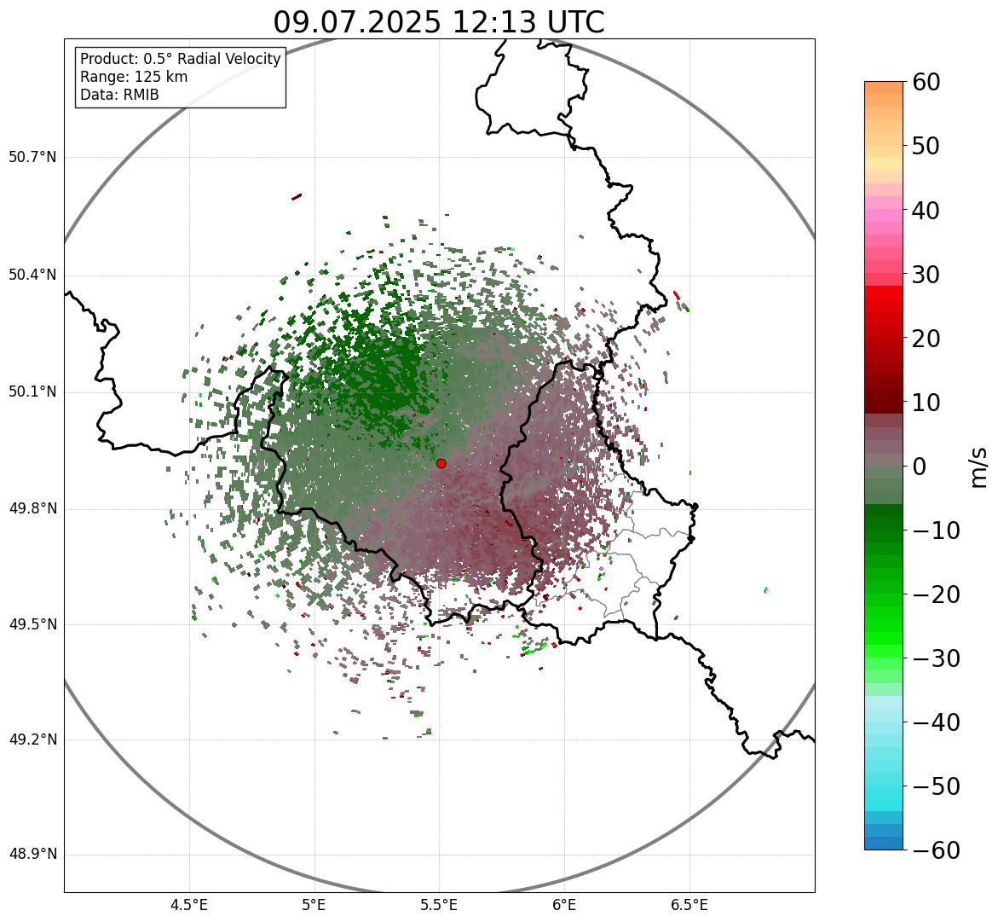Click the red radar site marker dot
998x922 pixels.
click(x=441, y=463)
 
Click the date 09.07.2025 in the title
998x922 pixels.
click(x=357, y=22)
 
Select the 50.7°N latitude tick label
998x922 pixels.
click(x=32, y=158)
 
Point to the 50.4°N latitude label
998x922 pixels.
click(x=32, y=275)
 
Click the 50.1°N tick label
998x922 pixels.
click(x=32, y=392)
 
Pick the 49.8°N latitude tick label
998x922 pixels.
click(x=32, y=509)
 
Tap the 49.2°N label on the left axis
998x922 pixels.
click(x=32, y=739)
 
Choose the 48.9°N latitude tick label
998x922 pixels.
click(x=32, y=855)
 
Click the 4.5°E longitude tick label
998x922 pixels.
click(x=189, y=905)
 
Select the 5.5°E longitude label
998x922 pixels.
click(x=439, y=905)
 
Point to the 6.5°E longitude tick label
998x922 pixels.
click(x=689, y=905)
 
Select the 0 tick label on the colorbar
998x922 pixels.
click(x=919, y=467)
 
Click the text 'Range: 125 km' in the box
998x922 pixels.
click(x=134, y=77)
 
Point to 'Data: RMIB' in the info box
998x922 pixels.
click(x=119, y=95)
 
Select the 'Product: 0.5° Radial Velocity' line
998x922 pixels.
click(x=180, y=59)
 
